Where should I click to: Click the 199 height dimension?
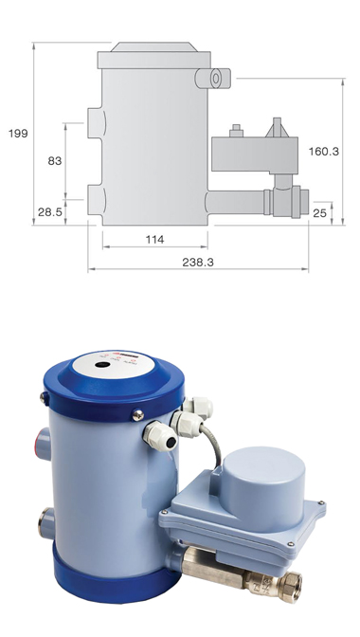[x=18, y=134]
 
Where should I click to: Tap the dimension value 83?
[x=55, y=161]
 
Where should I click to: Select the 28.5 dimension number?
[x=50, y=211]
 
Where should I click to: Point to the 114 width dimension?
[x=154, y=239]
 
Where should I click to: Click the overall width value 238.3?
[x=198, y=262]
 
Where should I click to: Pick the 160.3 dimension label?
[x=323, y=151]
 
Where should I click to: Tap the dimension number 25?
[x=320, y=212]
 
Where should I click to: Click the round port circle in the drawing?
[x=215, y=78]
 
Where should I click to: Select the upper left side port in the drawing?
[x=97, y=122]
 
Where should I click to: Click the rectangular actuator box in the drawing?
[x=255, y=155]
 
